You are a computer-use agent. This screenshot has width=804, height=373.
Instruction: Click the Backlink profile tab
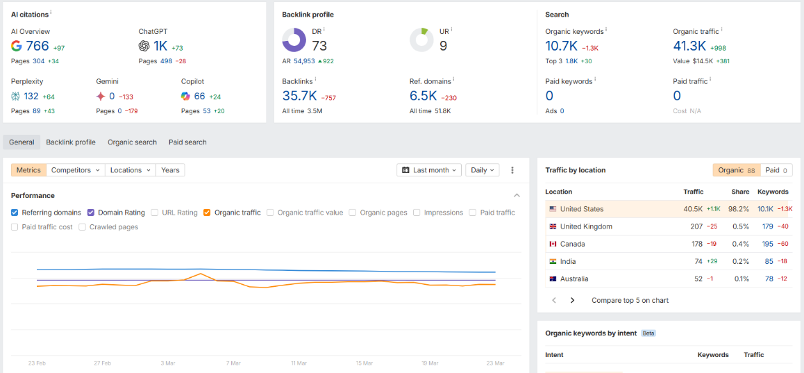(71, 142)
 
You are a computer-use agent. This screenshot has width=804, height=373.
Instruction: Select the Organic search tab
(133, 142)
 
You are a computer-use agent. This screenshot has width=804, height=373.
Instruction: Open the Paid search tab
(187, 142)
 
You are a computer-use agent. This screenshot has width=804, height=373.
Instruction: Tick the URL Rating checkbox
(154, 213)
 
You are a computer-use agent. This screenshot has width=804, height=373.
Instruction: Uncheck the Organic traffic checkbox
(207, 213)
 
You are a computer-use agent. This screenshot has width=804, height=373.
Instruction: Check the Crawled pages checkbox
(82, 226)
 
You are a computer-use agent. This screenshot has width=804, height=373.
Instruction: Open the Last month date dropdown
(429, 169)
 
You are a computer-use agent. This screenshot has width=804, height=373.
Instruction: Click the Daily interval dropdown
(483, 169)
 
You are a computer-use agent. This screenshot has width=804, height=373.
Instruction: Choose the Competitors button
(76, 169)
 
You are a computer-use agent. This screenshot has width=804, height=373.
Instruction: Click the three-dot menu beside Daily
(512, 169)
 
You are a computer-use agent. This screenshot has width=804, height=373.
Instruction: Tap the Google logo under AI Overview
(16, 46)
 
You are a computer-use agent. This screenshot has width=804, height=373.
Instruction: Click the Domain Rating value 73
(319, 46)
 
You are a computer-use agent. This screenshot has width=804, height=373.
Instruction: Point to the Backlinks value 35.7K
(299, 95)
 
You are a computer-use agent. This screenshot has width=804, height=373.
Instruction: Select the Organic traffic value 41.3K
(689, 46)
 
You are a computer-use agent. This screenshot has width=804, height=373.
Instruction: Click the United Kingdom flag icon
(553, 226)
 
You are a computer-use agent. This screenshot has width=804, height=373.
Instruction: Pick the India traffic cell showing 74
(698, 261)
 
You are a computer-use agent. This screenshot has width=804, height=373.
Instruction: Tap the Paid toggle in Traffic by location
(776, 169)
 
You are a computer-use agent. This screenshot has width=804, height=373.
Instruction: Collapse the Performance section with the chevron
(517, 195)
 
